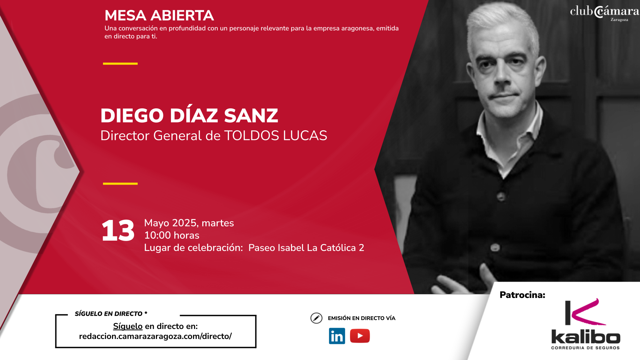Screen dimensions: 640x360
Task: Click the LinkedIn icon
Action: pos(337,336)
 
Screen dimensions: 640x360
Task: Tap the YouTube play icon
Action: pos(360,336)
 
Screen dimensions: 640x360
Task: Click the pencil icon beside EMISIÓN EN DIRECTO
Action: pos(316,318)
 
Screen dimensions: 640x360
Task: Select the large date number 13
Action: pos(118,230)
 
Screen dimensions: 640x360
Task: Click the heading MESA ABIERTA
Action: pos(159,15)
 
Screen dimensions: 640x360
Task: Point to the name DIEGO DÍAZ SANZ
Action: pos(189,115)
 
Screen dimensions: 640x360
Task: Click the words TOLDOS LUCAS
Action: pos(276,135)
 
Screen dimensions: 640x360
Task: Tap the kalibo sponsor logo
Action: pos(586,324)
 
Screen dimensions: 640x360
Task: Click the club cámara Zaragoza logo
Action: pos(604,13)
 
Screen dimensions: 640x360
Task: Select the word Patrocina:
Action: pos(522,295)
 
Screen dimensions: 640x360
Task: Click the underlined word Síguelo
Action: pos(128,326)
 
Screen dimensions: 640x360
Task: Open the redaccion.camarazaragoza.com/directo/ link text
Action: pos(155,336)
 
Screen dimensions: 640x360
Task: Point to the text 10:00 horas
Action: pos(172,235)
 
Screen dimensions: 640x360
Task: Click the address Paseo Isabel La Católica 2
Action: pos(306,248)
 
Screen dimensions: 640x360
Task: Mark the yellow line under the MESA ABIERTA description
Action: pos(120,63)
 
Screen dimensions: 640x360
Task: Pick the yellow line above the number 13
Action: pos(120,183)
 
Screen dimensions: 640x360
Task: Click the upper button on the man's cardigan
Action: pos(501,196)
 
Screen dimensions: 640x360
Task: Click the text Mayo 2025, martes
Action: pos(189,223)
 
